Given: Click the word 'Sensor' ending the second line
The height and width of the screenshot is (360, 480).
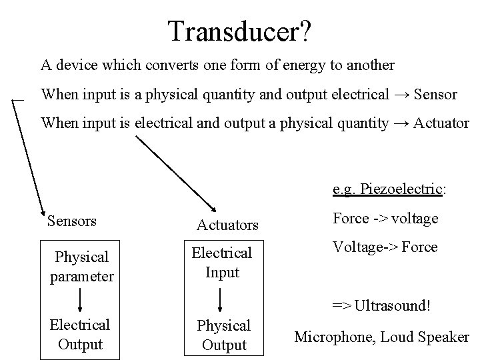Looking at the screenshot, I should [x=435, y=95].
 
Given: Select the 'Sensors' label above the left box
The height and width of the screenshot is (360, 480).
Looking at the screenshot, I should [x=72, y=221].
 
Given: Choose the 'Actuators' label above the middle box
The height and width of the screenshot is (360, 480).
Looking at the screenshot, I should [x=227, y=225].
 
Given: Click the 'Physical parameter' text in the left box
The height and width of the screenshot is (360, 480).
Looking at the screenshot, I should [x=81, y=266].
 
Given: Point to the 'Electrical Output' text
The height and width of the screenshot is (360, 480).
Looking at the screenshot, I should [x=80, y=335].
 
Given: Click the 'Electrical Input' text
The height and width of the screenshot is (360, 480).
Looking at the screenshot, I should [x=222, y=263].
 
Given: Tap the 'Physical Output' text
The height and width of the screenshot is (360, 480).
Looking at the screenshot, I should [x=223, y=335].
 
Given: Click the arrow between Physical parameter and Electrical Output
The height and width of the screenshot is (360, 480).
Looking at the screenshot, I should [x=81, y=301].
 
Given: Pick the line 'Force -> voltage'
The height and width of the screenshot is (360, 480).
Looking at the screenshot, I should [x=385, y=218].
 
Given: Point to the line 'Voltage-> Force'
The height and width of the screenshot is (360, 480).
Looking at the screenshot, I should [x=385, y=247].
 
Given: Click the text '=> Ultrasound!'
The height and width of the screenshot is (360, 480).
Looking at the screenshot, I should [x=382, y=307].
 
